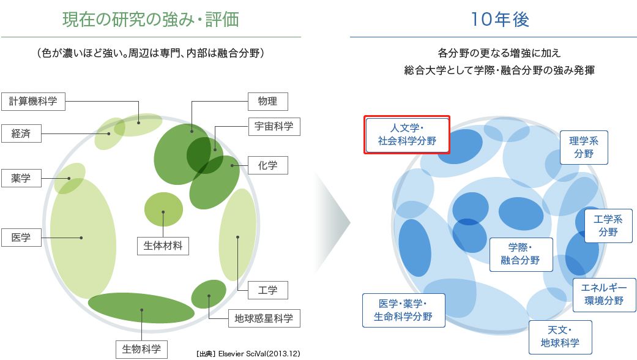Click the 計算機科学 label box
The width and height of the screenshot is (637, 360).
[33, 102]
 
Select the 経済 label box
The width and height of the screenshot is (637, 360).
[21, 133]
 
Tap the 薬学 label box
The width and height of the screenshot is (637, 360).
[21, 178]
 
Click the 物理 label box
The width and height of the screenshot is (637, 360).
[267, 102]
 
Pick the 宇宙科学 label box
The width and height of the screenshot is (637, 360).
[274, 127]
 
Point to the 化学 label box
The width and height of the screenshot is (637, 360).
[267, 165]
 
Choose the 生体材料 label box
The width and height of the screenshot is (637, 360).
[163, 246]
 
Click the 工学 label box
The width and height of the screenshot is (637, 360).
[267, 290]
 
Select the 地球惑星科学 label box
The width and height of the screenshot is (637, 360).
[264, 318]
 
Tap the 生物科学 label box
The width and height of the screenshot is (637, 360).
[141, 349]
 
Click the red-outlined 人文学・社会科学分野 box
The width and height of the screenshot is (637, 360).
[407, 135]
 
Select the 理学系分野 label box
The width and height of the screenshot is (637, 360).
[584, 148]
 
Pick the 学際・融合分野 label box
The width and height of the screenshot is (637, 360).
[521, 254]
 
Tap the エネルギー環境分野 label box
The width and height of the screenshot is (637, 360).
[603, 294]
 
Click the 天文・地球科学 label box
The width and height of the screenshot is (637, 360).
[560, 337]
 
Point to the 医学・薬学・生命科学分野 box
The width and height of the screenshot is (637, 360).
[403, 310]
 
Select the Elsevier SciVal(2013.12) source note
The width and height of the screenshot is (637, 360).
[248, 354]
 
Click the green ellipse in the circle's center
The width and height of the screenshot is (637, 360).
[163, 208]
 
